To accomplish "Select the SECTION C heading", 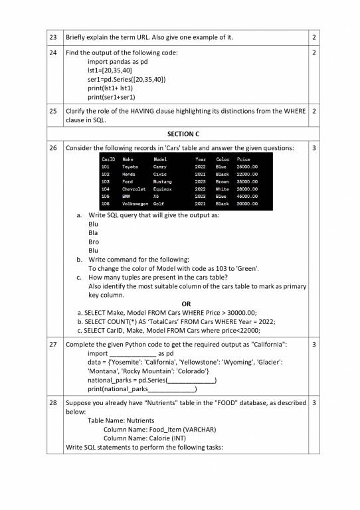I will [179, 134].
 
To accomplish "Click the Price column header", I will [243, 159].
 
